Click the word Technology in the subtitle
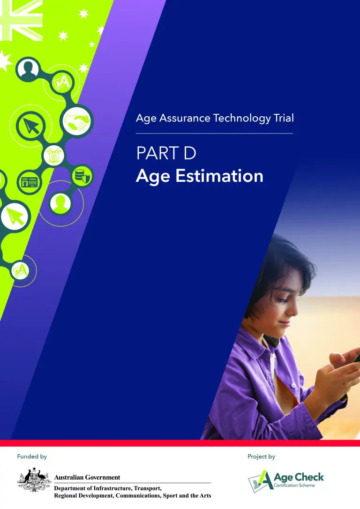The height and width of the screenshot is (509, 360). point(242,118)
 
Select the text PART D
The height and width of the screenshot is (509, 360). point(166,153)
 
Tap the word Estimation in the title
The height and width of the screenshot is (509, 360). point(219,176)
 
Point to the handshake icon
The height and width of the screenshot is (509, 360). point(76,121)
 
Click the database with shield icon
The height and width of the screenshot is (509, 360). point(82,176)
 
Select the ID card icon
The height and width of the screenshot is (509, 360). point(29,183)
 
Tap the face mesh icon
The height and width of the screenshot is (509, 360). point(54,156)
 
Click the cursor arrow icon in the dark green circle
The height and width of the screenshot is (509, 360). point(31,126)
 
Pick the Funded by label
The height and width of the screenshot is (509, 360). point(32,457)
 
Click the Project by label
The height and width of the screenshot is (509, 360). point(261,457)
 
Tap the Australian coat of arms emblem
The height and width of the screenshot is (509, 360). point(34,480)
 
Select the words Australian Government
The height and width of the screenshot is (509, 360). point(87,478)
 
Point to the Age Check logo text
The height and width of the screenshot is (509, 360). point(299,477)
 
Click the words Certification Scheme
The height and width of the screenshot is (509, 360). point(294,486)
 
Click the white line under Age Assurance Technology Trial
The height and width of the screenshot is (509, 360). point(215,133)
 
